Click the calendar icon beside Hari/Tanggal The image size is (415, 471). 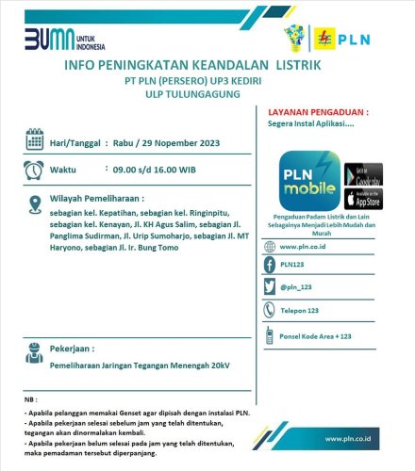click(34, 142)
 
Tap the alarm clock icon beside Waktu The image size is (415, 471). click(34, 171)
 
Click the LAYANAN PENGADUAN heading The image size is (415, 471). click(319, 111)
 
